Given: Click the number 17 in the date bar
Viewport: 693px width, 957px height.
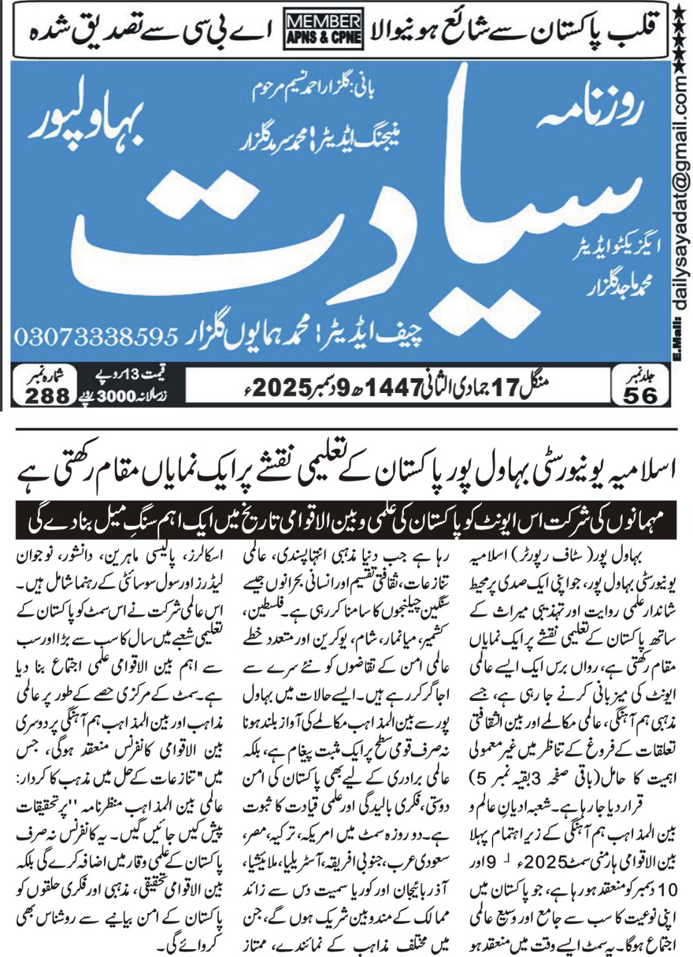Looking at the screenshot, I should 503,388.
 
